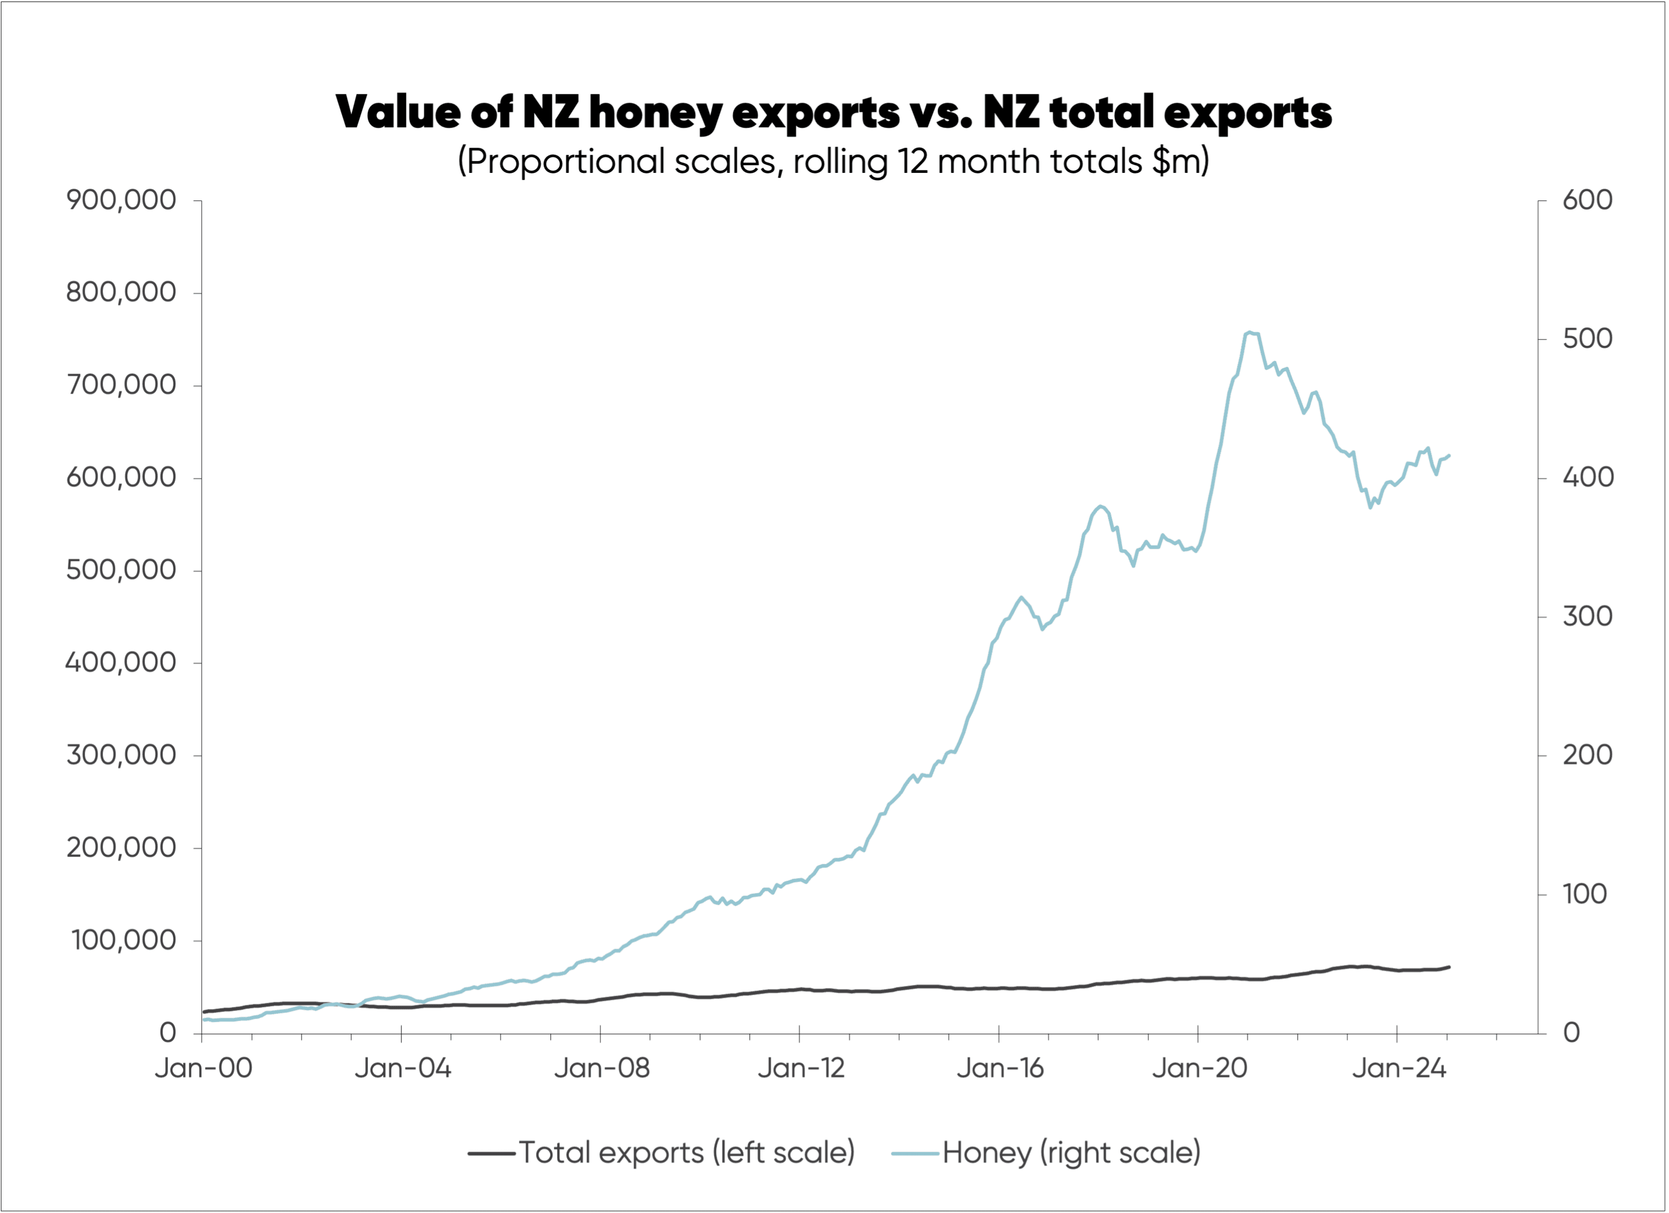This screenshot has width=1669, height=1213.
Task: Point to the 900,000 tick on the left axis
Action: coord(122,200)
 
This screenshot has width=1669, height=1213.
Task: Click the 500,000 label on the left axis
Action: coord(122,570)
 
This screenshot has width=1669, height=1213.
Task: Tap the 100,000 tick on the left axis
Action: coord(124,941)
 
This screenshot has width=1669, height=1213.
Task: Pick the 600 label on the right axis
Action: coord(1587,200)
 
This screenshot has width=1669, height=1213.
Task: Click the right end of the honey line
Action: coord(1449,455)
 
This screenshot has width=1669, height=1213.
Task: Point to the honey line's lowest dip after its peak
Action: coord(1370,507)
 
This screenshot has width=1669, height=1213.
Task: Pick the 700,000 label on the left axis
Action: coord(122,385)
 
